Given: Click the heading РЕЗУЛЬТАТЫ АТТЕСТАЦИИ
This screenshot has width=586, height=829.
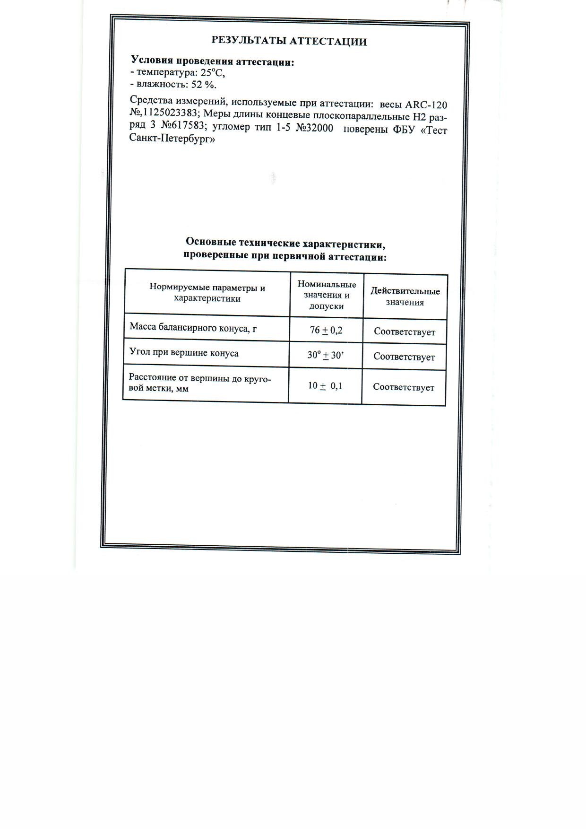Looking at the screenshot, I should point(289,41).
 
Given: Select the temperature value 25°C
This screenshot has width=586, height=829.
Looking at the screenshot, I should point(213,73).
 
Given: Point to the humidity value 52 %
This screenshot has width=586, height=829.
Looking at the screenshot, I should point(204,85).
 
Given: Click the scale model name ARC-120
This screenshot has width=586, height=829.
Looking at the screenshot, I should point(426,105).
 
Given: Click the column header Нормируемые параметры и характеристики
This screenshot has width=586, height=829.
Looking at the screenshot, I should point(207,293).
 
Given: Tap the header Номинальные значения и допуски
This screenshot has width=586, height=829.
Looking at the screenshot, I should point(327,295).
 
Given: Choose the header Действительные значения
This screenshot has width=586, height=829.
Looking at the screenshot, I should point(405,297).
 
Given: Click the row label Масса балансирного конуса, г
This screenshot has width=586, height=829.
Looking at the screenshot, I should point(193,327).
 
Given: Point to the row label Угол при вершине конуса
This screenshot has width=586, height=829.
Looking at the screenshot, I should point(184,353).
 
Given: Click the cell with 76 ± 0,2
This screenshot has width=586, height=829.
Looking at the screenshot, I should point(326,330).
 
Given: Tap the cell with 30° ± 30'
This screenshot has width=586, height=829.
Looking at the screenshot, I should point(326,355).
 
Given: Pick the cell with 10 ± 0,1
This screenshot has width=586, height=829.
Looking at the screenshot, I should point(325,386).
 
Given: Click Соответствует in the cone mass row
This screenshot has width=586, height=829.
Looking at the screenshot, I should point(405,332).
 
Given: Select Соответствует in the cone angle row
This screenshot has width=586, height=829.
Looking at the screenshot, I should point(404,357).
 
